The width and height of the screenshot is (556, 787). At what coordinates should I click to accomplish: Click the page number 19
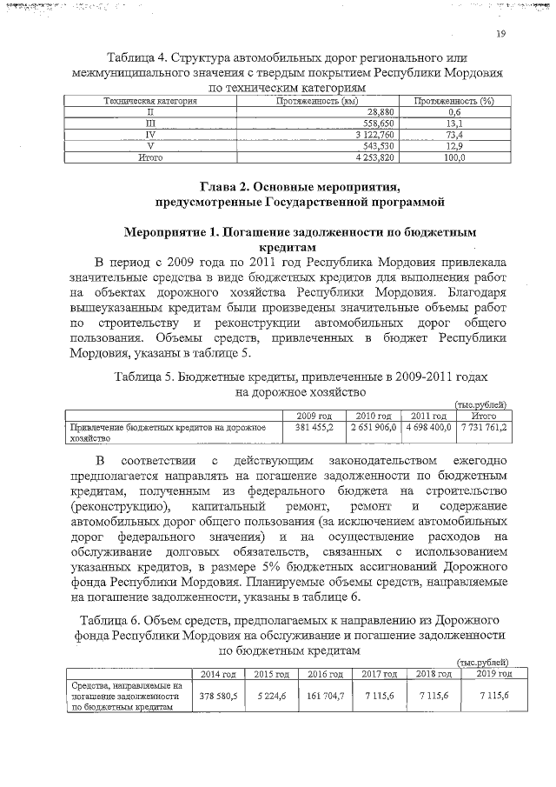501,34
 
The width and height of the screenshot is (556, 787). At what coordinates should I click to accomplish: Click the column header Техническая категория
151,102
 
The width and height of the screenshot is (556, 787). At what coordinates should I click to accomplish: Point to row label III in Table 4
150,124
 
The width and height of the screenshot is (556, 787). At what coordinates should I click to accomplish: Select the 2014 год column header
217,674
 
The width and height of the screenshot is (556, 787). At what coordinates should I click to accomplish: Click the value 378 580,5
217,697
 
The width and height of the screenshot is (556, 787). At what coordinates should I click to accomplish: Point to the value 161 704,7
324,697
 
